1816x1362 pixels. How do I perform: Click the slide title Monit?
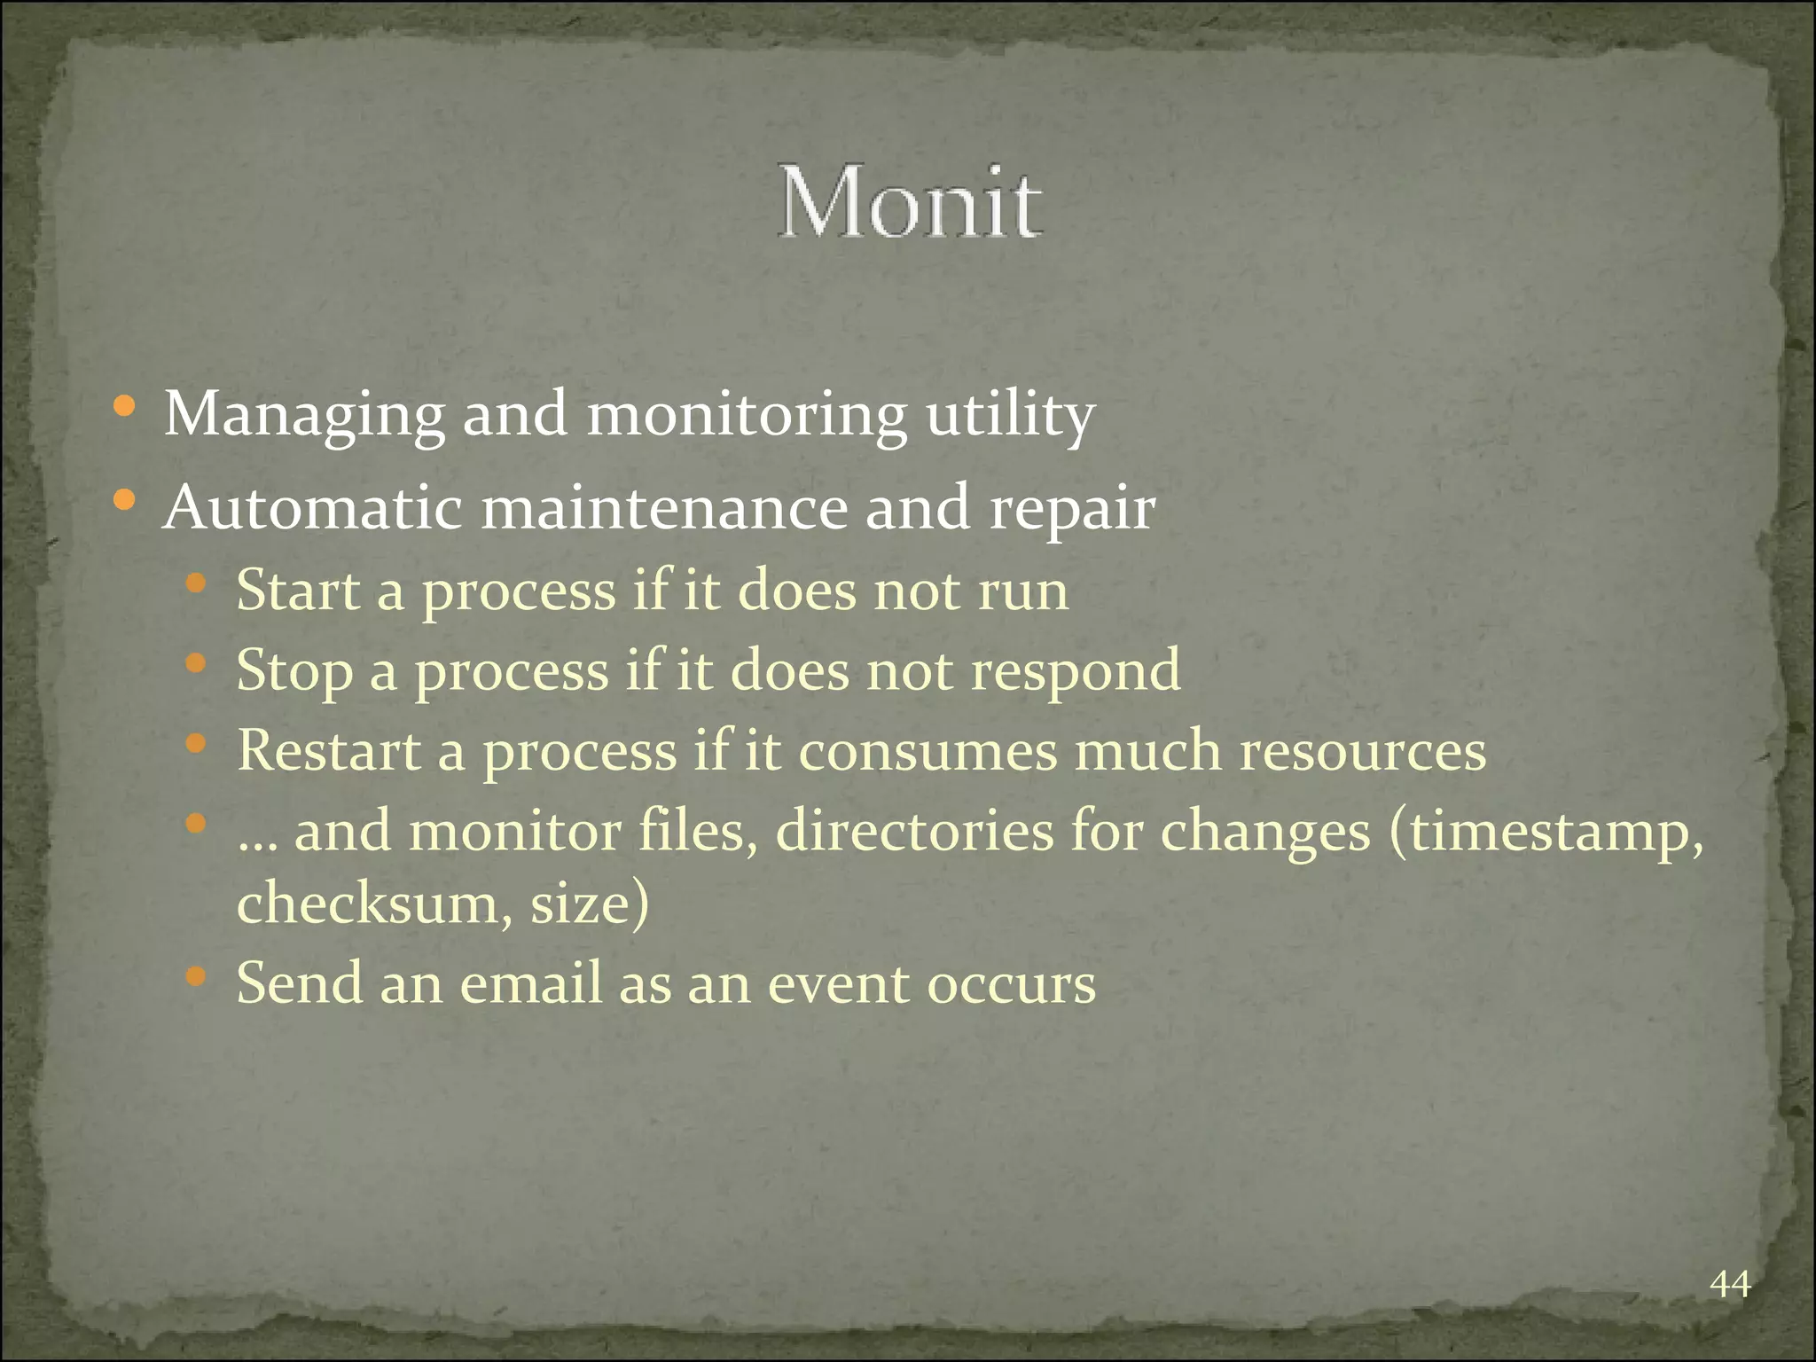pos(910,202)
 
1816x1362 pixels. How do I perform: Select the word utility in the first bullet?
pos(1010,415)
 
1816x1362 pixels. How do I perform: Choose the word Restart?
pos(329,751)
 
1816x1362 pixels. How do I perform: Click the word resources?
pos(1362,751)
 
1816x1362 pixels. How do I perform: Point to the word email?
pos(530,983)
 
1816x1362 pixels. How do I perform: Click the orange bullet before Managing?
pos(124,408)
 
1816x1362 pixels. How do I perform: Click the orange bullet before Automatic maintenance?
pos(124,501)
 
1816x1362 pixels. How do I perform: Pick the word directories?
pos(914,832)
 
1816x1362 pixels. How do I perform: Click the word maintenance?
pos(664,508)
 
